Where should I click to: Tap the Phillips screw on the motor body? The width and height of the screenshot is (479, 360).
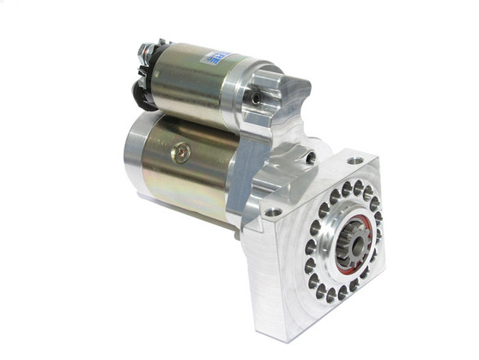[182, 154]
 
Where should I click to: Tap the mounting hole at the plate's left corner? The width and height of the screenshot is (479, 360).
[273, 211]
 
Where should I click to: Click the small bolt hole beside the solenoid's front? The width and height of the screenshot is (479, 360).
[256, 100]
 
